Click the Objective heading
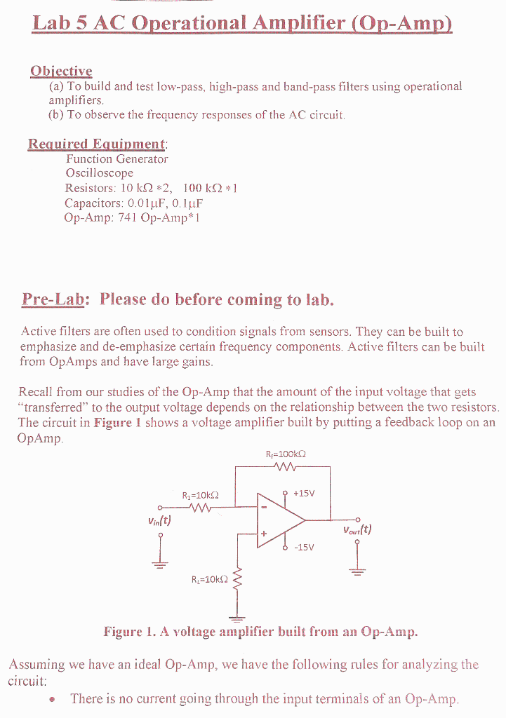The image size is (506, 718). pos(61,71)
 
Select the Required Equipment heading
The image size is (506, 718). pos(97,144)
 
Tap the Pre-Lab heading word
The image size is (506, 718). pos(53,299)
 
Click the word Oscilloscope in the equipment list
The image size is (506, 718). pos(99,172)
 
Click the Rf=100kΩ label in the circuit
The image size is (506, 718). pos(286,454)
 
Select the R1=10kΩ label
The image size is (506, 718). pos(200,494)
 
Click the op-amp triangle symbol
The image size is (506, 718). pos(279,521)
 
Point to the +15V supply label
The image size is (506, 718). pos(303,492)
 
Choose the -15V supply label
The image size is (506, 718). pos(305,548)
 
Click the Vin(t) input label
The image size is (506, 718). pos(159,521)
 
